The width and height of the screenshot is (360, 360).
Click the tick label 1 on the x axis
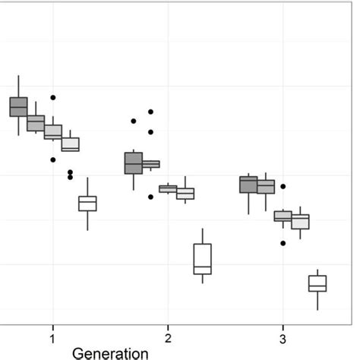[52, 337]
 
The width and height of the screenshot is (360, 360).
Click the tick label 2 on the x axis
[168, 337]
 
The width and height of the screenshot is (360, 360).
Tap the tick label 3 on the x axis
[283, 337]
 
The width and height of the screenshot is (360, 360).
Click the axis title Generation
[111, 352]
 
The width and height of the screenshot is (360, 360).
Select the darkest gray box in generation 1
[18, 106]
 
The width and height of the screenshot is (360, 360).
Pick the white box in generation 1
[88, 204]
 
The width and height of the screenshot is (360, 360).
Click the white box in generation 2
[203, 259]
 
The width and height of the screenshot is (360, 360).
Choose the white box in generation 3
[317, 283]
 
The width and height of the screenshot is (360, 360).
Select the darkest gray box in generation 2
[134, 163]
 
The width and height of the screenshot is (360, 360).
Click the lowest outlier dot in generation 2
[151, 197]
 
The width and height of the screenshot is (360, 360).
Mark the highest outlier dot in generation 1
[53, 98]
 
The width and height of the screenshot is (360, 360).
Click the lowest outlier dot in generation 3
[283, 244]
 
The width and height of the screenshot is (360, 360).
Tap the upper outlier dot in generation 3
[283, 186]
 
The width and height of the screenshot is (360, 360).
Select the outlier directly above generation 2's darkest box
[134, 121]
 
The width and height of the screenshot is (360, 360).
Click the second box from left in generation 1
[36, 123]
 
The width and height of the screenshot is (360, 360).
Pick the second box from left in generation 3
[266, 186]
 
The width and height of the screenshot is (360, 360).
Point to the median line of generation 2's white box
[203, 267]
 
